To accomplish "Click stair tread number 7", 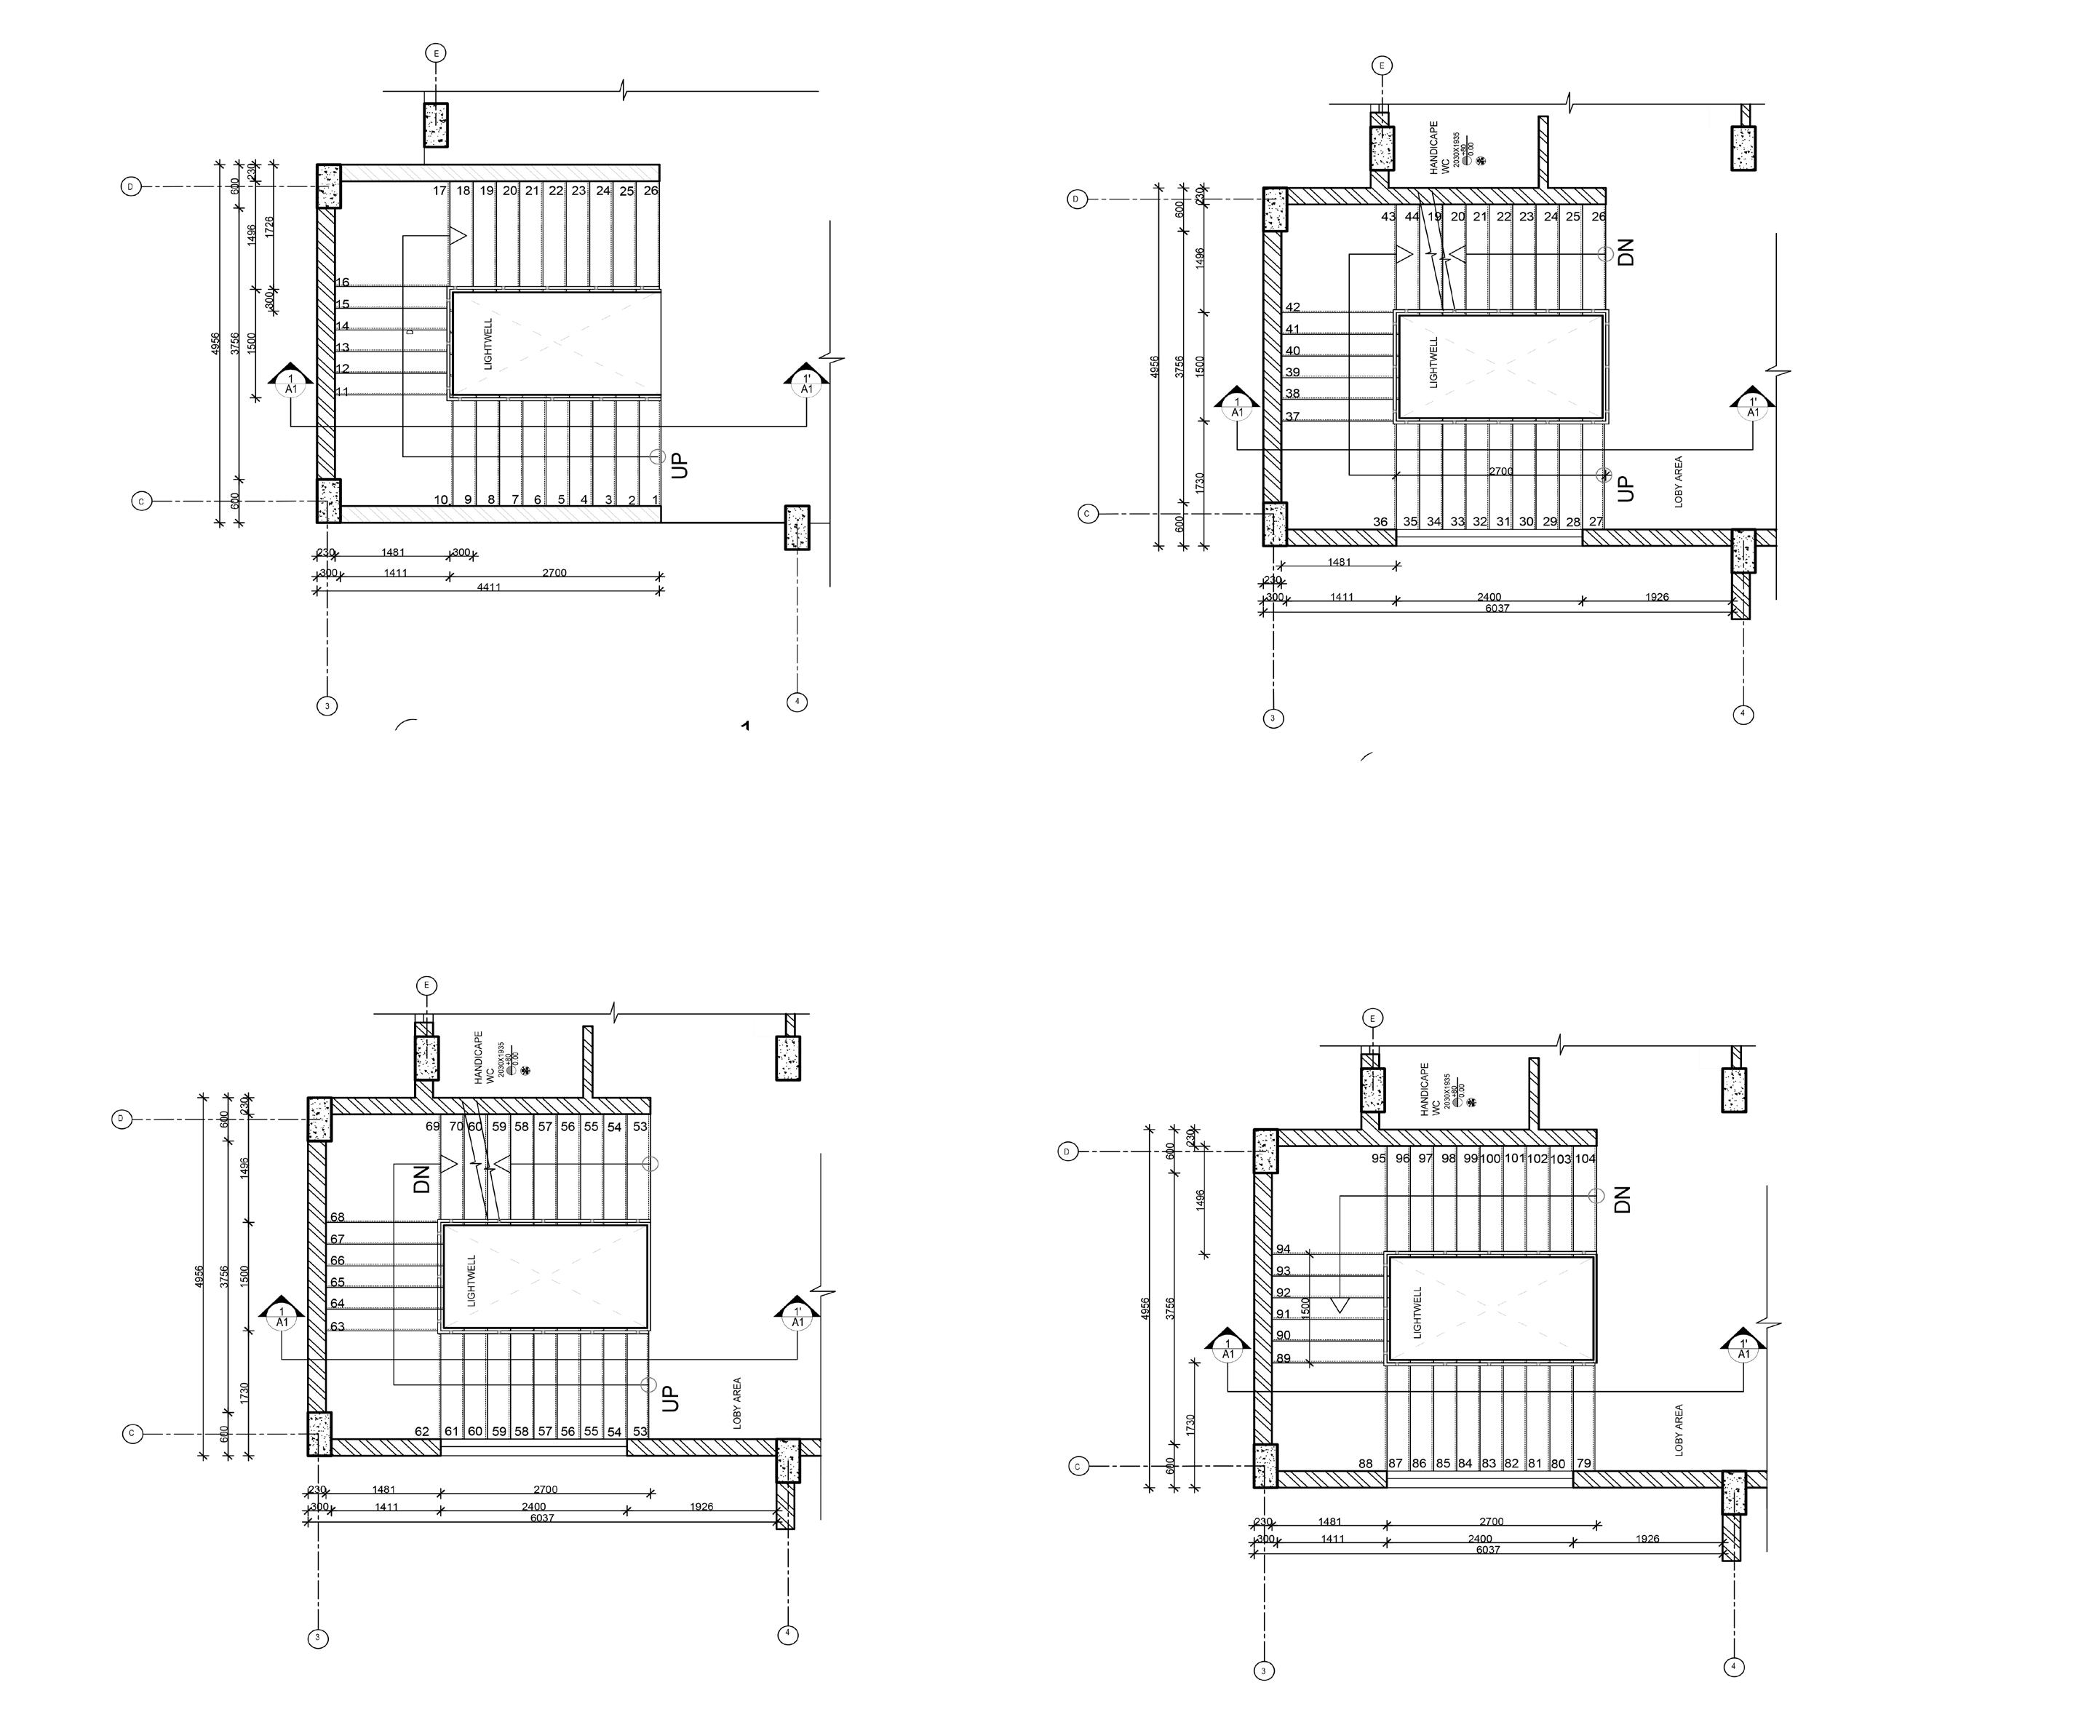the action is (x=514, y=499).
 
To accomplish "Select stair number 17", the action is (x=439, y=191).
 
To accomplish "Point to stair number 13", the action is (x=343, y=347).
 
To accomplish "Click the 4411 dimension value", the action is (x=489, y=587).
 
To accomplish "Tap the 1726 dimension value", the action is (x=269, y=225).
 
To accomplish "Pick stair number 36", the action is (x=1380, y=521).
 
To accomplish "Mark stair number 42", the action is (x=1292, y=307).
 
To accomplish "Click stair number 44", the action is (x=1412, y=216).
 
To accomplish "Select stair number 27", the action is (x=1596, y=521).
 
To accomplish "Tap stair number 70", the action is (x=456, y=1125).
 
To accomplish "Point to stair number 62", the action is (x=421, y=1431).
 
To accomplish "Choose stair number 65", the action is (x=338, y=1283).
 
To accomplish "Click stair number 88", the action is (x=1365, y=1463).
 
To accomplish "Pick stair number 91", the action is (x=1284, y=1313).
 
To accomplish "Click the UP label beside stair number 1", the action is (x=679, y=465).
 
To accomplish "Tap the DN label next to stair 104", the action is (x=1622, y=1199).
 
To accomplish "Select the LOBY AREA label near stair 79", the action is (x=1678, y=1430).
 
